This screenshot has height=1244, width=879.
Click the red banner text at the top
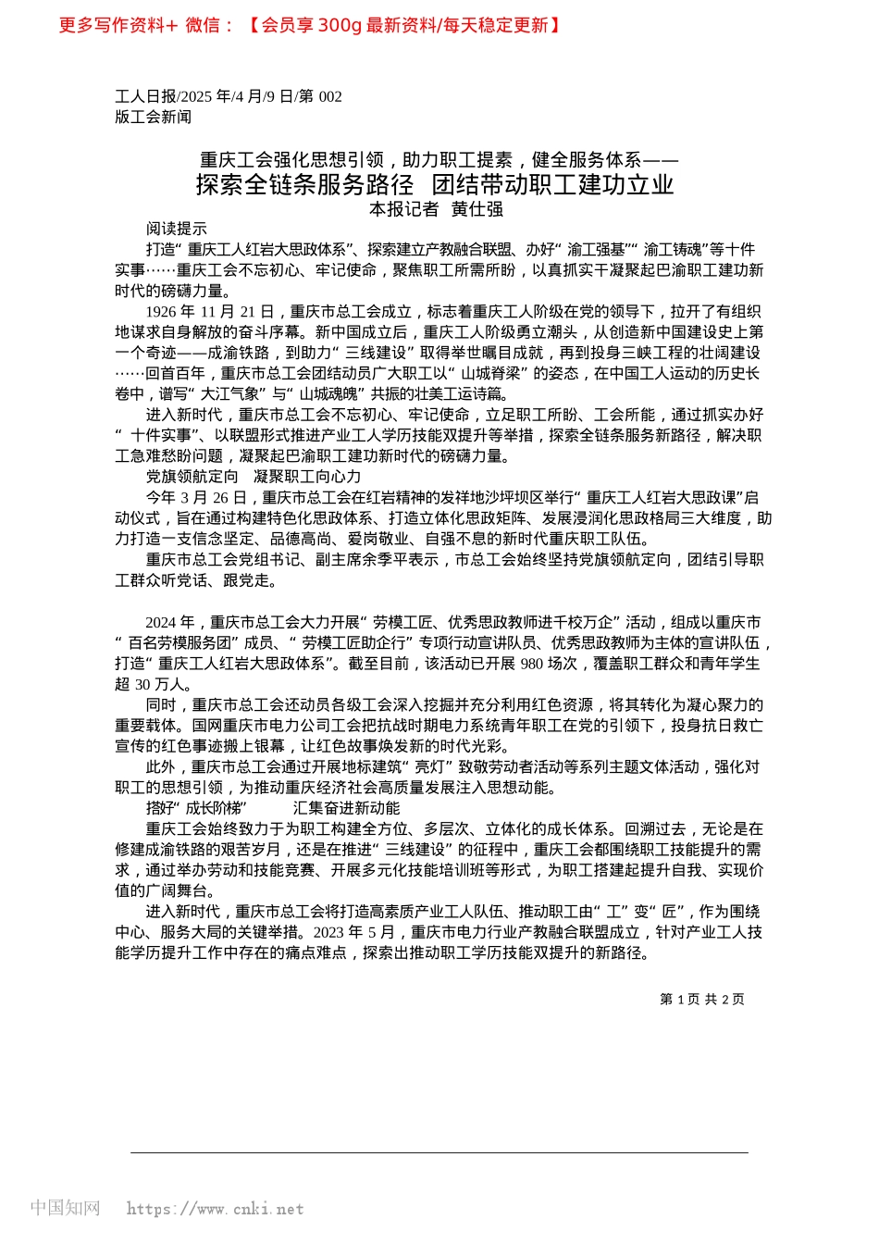pyautogui.click(x=310, y=25)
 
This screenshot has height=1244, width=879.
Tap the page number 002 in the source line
pyautogui.click(x=330, y=96)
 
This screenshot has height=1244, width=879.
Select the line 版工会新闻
pyautogui.click(x=154, y=117)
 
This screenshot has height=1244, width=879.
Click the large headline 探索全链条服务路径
pyautogui.click(x=304, y=184)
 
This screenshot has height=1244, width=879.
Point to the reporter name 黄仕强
pyautogui.click(x=477, y=209)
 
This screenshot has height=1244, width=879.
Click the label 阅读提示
pyautogui.click(x=177, y=229)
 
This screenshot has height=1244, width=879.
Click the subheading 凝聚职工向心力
pyautogui.click(x=307, y=477)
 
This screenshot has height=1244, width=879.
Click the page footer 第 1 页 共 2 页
pyautogui.click(x=702, y=1000)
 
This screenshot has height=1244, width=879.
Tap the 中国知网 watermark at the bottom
pyautogui.click(x=65, y=1208)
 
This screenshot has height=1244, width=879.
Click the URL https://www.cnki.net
pyautogui.click(x=215, y=1209)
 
